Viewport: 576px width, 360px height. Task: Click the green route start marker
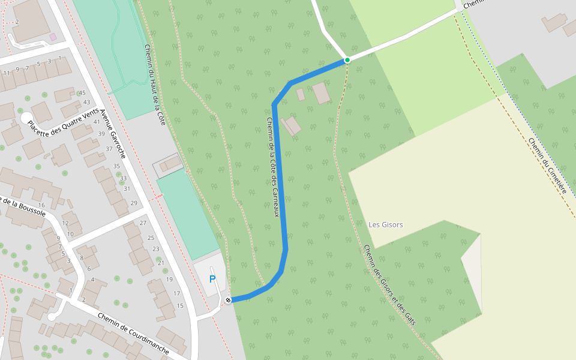coord(347,60)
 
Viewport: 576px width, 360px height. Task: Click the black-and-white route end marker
coord(228,299)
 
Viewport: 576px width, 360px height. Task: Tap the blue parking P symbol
coord(212,279)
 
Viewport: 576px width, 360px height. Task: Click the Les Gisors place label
coord(386,225)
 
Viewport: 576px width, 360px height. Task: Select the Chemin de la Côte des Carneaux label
coord(273,167)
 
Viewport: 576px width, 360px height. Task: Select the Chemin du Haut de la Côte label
coord(155,85)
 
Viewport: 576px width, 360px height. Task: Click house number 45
coord(82,92)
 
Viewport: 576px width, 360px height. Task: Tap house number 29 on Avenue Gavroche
coord(134,203)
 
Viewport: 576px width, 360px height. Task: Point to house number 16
coord(42,205)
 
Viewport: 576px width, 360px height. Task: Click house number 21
coord(160,263)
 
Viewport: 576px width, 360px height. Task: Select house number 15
coord(180,306)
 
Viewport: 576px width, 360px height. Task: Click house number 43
coord(86,102)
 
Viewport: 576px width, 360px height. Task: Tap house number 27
coord(143,223)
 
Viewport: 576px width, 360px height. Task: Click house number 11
coord(7,73)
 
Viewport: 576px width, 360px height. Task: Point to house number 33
coord(124,178)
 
